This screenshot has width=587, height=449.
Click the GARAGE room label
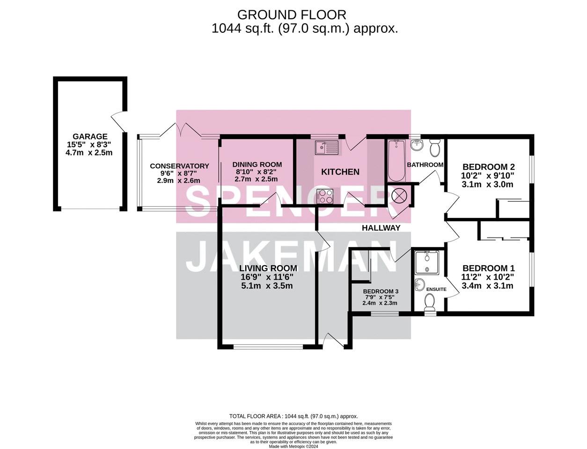90,136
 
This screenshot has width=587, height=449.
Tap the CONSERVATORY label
179,166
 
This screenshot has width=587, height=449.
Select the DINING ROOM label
257,164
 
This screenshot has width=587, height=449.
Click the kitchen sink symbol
326,148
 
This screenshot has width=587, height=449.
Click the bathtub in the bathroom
396,160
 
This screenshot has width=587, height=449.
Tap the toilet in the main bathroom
435,148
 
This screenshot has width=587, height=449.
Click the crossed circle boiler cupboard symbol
399,195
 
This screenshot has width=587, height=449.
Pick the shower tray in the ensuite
427,262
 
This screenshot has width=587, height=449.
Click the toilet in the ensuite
430,303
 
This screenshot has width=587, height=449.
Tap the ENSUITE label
436,290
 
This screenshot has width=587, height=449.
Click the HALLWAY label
381,228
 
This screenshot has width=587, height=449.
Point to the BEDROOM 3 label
381,291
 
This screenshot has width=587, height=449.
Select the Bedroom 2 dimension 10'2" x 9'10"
488,176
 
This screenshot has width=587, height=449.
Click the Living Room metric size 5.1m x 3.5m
267,286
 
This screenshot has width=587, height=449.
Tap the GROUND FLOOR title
292,15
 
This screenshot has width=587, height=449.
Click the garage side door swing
118,122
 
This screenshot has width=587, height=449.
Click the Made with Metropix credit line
293,447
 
